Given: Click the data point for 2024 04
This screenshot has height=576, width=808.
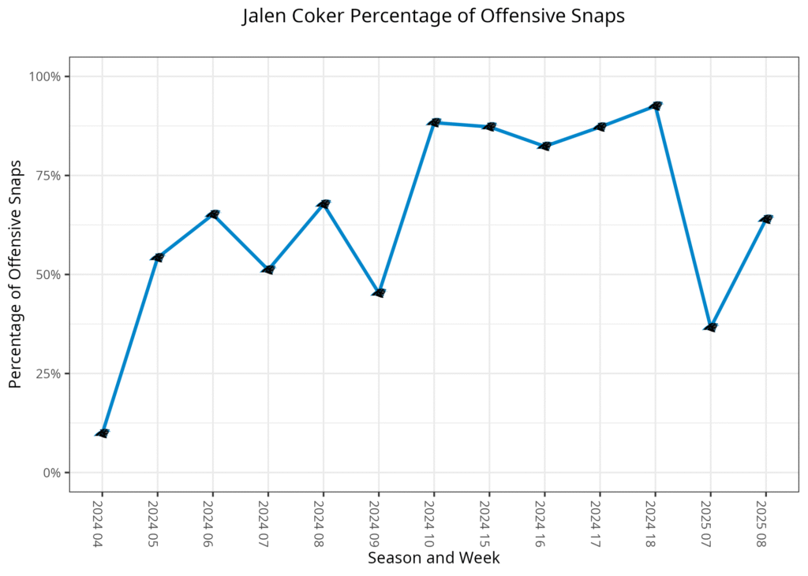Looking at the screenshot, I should tap(102, 433).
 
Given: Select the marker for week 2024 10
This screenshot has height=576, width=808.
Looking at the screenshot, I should tap(433, 122).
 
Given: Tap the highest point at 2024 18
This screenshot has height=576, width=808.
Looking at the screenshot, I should tap(654, 106).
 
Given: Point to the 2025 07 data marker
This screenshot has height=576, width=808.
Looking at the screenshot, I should tap(709, 327).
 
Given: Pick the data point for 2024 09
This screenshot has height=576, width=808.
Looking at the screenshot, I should tap(378, 293).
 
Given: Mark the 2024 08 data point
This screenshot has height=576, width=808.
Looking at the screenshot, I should tap(323, 204).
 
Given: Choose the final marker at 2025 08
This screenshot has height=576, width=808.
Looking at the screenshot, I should tap(765, 219).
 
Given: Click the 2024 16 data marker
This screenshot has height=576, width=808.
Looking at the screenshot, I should tap(544, 146).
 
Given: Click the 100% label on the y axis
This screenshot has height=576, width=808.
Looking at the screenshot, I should tap(46, 76).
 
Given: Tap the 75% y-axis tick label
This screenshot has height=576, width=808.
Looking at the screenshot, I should tap(49, 176).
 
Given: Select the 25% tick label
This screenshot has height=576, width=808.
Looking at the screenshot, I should tap(49, 373).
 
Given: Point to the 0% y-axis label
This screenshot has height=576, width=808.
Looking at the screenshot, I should tap(52, 473).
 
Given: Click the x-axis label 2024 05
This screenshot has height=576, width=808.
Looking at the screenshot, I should tap(157, 522).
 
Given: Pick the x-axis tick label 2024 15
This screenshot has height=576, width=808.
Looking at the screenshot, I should tap(488, 522).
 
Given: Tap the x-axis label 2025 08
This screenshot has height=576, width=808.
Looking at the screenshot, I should tap(765, 522).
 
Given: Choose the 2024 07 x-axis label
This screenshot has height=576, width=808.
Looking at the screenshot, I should tap(267, 522).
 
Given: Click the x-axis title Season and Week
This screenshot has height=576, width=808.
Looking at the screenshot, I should tap(433, 558).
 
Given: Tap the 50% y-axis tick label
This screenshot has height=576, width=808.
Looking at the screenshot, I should tap(49, 275).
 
